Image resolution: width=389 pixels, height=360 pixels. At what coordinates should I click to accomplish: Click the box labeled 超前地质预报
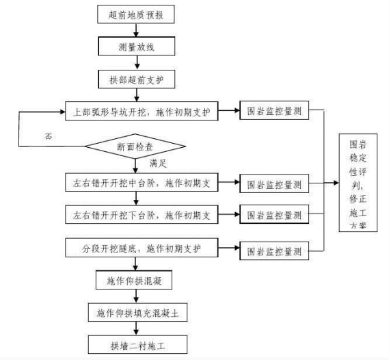click(x=136, y=14)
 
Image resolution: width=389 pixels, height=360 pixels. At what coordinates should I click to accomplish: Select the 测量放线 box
click(x=137, y=47)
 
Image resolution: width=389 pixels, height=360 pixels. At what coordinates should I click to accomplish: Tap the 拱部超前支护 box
click(x=137, y=79)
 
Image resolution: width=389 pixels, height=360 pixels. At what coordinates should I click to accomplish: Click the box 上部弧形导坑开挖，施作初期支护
click(x=142, y=112)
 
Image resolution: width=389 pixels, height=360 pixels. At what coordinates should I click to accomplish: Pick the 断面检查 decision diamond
click(x=135, y=146)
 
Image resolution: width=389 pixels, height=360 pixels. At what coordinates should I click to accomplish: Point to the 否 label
click(x=49, y=136)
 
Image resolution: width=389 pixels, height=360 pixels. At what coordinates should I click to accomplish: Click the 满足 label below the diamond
click(x=158, y=164)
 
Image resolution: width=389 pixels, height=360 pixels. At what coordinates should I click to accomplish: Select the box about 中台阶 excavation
click(x=142, y=183)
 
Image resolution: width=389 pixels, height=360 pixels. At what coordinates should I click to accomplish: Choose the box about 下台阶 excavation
click(x=142, y=214)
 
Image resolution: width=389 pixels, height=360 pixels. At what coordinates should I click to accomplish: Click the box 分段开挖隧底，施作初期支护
click(x=142, y=248)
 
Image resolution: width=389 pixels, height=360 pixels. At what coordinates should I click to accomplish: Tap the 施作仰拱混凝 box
click(x=134, y=280)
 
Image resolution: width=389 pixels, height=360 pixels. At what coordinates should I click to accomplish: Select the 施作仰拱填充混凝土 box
click(x=137, y=312)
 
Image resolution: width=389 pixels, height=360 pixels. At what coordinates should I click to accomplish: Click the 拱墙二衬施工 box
click(x=137, y=345)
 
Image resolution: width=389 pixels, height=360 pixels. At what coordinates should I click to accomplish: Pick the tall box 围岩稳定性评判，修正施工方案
click(x=358, y=183)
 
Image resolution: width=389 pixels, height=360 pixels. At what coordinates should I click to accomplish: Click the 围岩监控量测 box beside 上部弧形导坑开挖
click(x=274, y=110)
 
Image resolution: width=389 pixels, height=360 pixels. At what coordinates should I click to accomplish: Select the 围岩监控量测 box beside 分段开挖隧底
click(x=274, y=250)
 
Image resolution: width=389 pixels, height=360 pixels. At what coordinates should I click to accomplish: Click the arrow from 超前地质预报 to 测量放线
click(x=136, y=30)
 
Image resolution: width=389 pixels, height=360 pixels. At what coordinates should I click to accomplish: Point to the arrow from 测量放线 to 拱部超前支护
click(x=137, y=63)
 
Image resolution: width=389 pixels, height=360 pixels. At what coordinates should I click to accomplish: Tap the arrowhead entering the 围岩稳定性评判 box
click(x=336, y=183)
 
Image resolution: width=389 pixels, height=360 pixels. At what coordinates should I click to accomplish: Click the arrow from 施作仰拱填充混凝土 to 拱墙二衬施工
click(x=136, y=329)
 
